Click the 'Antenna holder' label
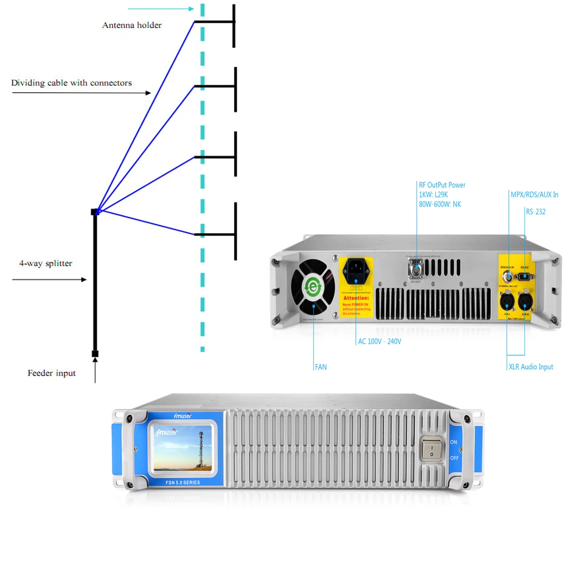click(x=132, y=25)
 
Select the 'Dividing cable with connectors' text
click(x=72, y=83)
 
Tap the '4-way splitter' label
click(x=46, y=264)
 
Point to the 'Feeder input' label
click(x=51, y=373)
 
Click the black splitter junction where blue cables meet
click(x=95, y=212)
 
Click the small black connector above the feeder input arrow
click(x=95, y=353)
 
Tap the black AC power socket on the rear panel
click(x=357, y=269)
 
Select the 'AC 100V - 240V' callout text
click(x=379, y=342)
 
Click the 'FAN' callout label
click(x=320, y=367)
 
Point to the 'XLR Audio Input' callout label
click(x=530, y=367)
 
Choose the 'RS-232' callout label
click(x=535, y=212)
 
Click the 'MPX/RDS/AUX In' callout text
click(x=534, y=195)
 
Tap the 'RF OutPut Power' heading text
click(x=442, y=185)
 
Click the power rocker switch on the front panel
click(x=431, y=448)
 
